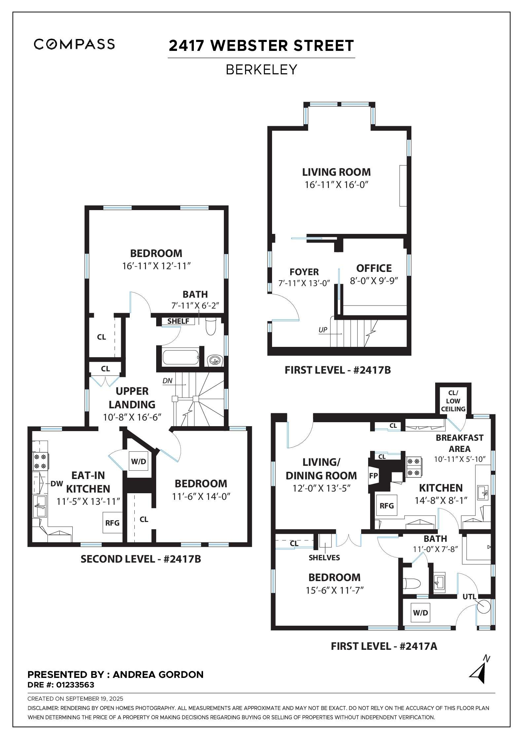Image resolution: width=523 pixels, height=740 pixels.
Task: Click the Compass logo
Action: (x=74, y=44)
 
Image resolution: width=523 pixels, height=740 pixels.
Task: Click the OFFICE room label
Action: (x=374, y=268)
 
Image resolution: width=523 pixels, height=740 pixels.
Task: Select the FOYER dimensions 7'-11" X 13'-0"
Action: (x=304, y=283)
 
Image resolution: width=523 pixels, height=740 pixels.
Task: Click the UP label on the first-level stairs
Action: (x=323, y=330)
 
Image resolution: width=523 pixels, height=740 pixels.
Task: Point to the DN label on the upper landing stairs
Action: (x=167, y=381)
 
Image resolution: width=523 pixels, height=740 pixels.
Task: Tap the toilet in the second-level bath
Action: (x=210, y=326)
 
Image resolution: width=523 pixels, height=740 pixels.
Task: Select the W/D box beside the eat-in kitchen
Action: (x=138, y=462)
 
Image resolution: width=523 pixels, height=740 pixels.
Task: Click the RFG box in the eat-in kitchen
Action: (x=112, y=523)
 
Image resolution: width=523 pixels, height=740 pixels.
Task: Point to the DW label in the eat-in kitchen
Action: (x=56, y=484)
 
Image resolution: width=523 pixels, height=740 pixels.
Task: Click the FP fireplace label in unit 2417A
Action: (x=374, y=476)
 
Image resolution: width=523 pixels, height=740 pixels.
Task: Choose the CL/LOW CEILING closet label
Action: (x=453, y=401)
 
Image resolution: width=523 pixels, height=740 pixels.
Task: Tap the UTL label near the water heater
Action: (x=469, y=597)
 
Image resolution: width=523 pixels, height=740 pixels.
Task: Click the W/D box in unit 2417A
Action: (x=420, y=613)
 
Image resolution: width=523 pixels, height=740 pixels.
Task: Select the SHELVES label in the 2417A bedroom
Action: (x=324, y=558)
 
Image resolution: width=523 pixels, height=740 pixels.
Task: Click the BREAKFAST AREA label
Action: (x=459, y=443)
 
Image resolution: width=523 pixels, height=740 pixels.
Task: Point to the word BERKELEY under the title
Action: (x=261, y=70)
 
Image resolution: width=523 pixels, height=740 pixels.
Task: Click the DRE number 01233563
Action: (x=75, y=685)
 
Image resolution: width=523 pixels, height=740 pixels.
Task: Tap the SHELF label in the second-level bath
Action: (x=178, y=321)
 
